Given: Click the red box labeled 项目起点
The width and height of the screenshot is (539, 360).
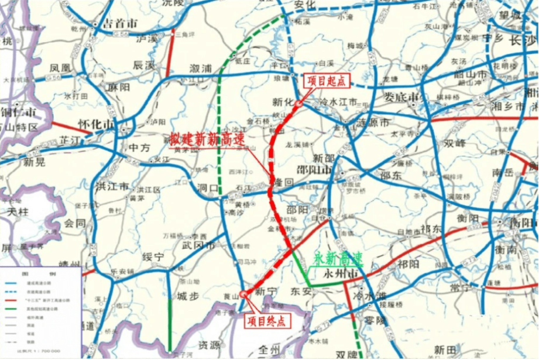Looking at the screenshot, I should point(323,81).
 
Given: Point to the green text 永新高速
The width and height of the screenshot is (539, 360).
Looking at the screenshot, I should point(339,258).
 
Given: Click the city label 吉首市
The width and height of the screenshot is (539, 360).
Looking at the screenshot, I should point(120,24).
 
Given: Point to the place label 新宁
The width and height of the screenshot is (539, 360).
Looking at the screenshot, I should point(265,290).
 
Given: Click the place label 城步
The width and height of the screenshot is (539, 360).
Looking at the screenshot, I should point(188,296).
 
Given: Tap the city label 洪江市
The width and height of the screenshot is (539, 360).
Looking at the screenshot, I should point(112,187).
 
